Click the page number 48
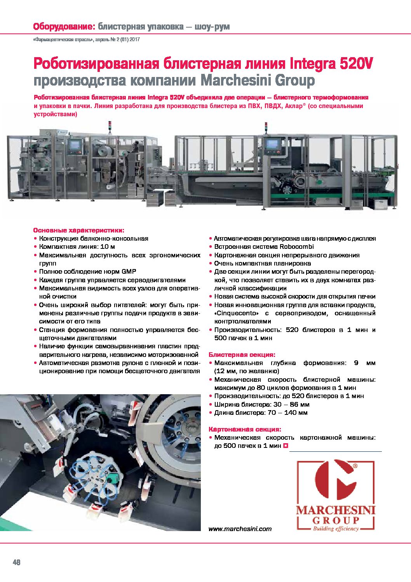coord(16,562)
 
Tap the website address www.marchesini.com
coord(240,529)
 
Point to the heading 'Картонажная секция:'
coord(245,429)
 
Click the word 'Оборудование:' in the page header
coord(64,26)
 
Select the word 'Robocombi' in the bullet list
coord(296,247)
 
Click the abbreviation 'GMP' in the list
coord(129,272)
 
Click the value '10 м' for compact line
coord(108,247)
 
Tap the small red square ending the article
coord(286,446)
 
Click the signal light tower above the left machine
coord(109,126)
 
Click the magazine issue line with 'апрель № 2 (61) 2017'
coord(86,40)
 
